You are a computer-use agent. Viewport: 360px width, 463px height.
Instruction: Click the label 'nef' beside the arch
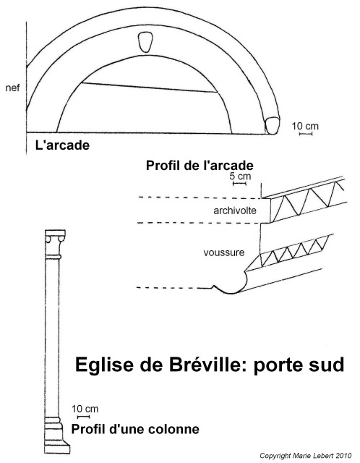(13, 88)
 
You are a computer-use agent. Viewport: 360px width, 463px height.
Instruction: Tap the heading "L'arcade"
(62, 145)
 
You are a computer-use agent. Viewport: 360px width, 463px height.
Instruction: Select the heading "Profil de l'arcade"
(200, 166)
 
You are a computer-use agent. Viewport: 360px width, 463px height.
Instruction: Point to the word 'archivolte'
(235, 211)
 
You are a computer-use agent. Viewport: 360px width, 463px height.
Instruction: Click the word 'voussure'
(224, 252)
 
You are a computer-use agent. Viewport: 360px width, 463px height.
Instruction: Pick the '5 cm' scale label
(240, 177)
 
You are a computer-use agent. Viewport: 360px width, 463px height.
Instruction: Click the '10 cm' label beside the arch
(305, 126)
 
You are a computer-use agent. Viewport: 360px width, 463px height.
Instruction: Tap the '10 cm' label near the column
(85, 409)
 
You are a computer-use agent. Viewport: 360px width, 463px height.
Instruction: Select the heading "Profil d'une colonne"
(135, 429)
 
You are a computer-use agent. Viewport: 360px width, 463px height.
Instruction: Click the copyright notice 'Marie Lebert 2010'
(322, 456)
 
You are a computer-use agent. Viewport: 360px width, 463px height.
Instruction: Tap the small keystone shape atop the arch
(145, 42)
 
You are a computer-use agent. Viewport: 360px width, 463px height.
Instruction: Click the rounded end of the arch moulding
(272, 125)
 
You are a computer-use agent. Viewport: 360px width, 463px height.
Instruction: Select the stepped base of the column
(57, 436)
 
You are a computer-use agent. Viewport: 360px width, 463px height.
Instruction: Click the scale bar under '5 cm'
(239, 184)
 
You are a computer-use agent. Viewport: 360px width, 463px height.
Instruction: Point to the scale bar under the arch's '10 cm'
(306, 134)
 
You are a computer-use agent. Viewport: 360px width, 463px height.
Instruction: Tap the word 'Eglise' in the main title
(105, 365)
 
